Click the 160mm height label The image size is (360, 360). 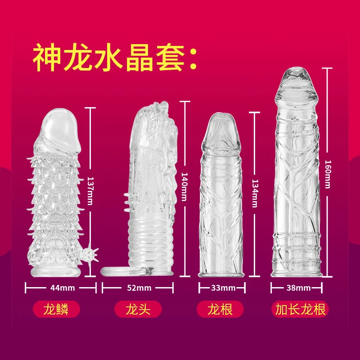coord(328,172)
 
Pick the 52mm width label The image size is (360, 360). coord(137,287)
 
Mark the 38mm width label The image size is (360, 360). coord(298,287)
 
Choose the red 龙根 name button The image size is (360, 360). coord(220,310)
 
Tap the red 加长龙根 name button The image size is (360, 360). coord(301,310)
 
